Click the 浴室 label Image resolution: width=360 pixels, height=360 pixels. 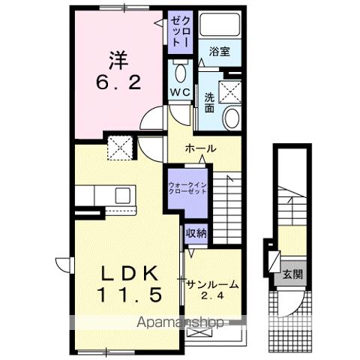point(219,52)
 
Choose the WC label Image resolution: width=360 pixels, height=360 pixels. point(179,92)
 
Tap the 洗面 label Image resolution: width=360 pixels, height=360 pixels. point(211,103)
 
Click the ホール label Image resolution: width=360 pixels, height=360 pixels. point(202,148)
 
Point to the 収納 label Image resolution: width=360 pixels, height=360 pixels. point(196,232)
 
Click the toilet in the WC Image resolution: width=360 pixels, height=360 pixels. point(180,73)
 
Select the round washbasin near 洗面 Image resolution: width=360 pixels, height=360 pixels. point(232,118)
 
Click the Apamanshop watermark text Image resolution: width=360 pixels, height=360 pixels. point(184,323)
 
